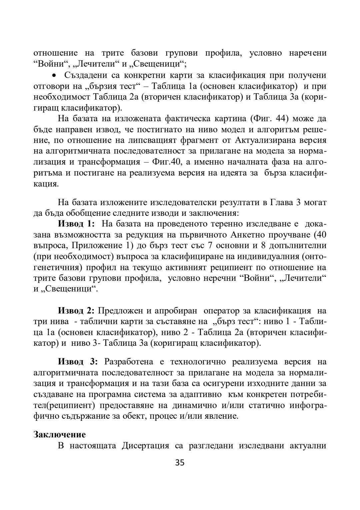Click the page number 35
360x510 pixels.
(x=180, y=463)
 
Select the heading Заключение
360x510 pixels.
(x=60, y=434)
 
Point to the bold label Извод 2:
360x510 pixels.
(x=77, y=311)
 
